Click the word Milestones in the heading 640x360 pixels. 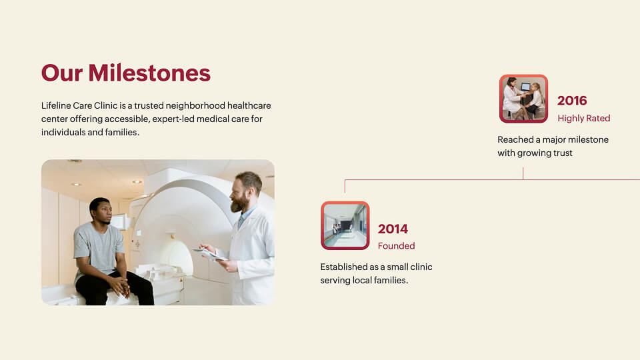click(149, 73)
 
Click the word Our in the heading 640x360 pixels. click(62, 73)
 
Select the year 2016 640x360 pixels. click(572, 101)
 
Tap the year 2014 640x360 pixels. click(393, 229)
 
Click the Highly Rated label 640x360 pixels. click(584, 119)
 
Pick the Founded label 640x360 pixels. click(396, 246)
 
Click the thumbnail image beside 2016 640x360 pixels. click(524, 99)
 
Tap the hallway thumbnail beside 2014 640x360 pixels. click(345, 225)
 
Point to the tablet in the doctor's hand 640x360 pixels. click(210, 254)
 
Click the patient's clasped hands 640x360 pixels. click(120, 287)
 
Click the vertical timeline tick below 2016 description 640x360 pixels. click(523, 173)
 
